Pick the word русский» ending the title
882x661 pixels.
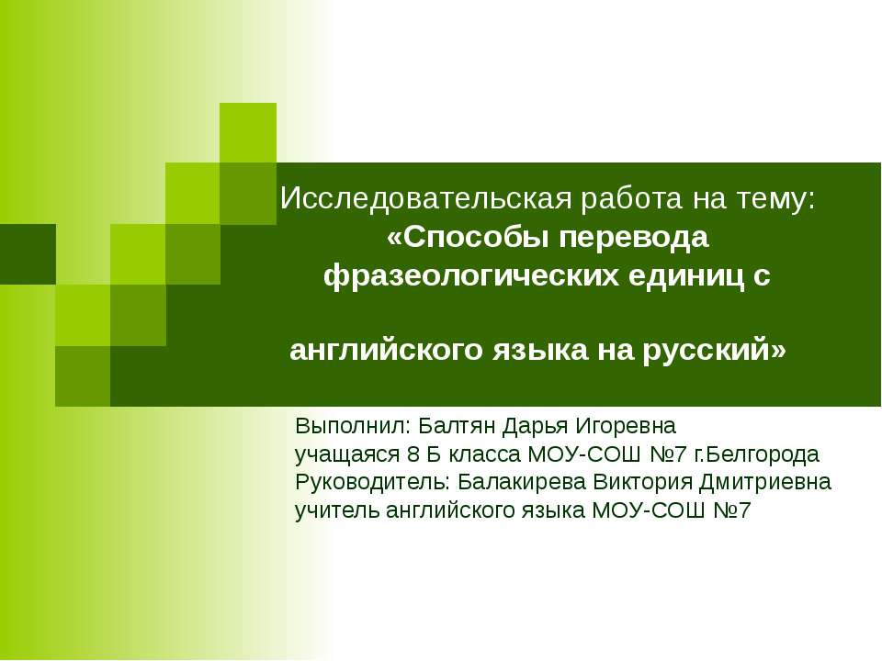[x=715, y=351]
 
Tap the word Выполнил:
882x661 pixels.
[x=353, y=426]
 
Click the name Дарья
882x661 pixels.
[x=535, y=427]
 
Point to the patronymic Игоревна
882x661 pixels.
[x=626, y=427]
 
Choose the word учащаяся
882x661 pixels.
[x=346, y=454]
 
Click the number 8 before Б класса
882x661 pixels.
[x=413, y=454]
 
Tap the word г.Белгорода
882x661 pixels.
[x=757, y=454]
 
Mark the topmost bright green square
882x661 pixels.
[x=247, y=132]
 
